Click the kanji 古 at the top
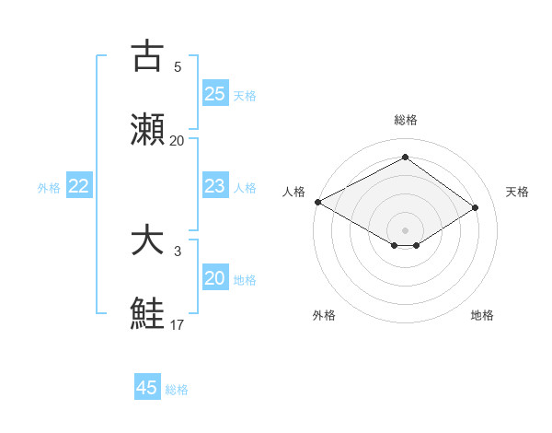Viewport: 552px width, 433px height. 148,56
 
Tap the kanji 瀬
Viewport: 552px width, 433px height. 148,130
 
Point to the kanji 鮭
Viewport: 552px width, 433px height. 148,313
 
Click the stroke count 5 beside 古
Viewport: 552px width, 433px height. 178,66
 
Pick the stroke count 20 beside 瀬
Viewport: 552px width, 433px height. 178,140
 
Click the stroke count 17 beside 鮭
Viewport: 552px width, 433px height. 178,324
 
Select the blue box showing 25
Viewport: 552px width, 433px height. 214,94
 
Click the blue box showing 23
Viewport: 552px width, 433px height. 214,186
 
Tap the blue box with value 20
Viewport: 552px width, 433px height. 214,278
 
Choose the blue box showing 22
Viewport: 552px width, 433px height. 78,186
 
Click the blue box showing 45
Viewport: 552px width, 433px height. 147,388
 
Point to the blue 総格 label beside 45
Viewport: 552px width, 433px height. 177,390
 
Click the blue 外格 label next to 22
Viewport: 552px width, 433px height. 49,188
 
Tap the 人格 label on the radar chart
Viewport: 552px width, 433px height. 293,192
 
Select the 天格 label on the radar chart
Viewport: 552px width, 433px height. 517,192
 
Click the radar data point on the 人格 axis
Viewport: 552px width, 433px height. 317,202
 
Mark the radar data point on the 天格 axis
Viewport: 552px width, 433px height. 476,207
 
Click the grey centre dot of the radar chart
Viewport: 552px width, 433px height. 405,229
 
